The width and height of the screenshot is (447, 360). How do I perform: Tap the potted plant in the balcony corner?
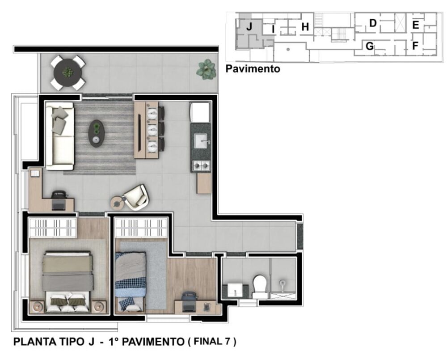[207, 69]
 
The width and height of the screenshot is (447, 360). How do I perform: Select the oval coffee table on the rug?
[96, 133]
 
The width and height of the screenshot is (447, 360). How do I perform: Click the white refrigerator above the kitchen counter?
[200, 112]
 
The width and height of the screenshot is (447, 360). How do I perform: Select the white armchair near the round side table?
[136, 197]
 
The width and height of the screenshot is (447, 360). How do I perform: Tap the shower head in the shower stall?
[283, 283]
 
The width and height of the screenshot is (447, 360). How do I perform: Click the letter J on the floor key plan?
[249, 27]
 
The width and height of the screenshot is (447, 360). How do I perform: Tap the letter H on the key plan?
[305, 27]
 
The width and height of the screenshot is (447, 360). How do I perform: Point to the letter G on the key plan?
[370, 46]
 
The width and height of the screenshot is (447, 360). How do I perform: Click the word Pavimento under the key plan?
[253, 69]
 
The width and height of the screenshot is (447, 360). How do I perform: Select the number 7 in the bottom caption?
[228, 342]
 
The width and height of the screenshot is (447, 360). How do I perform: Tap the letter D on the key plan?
[373, 23]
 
